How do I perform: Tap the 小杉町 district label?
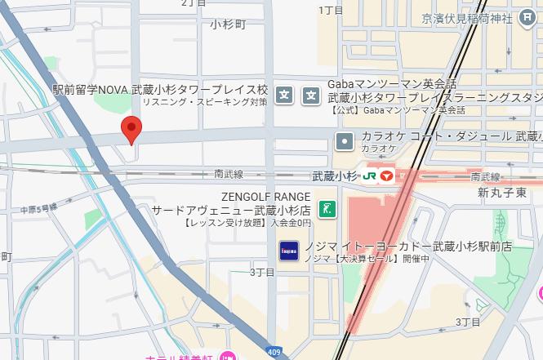(x=228, y=24)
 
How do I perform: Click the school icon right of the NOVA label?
(x=284, y=96)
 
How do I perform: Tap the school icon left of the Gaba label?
(x=311, y=96)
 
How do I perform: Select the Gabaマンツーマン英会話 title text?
(x=392, y=84)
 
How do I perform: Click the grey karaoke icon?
(x=345, y=141)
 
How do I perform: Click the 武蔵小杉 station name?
(x=335, y=176)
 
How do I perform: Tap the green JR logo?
(x=370, y=176)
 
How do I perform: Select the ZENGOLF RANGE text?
(x=265, y=197)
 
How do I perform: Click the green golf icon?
(x=327, y=209)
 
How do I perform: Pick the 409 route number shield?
(x=274, y=353)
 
